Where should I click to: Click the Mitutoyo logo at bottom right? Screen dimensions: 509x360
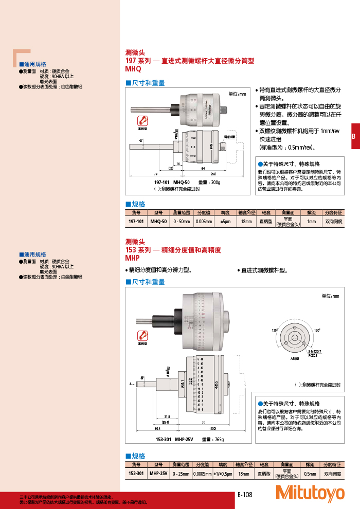[x=310, y=493]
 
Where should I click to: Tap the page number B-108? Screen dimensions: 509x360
[x=245, y=495]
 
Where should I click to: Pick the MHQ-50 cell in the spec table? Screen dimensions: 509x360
[x=158, y=222]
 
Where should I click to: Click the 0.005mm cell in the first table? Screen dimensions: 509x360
[x=204, y=222]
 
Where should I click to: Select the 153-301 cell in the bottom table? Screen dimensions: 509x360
[x=136, y=473]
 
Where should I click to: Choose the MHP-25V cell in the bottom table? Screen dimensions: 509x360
[x=158, y=473]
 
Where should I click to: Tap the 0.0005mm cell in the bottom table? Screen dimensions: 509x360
[x=203, y=473]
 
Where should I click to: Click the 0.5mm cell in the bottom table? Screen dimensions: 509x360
[x=310, y=473]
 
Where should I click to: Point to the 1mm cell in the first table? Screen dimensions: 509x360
[x=311, y=222]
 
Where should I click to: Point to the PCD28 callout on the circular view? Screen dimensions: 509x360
[x=312, y=355]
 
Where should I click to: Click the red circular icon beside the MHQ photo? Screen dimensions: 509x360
[x=142, y=120]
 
